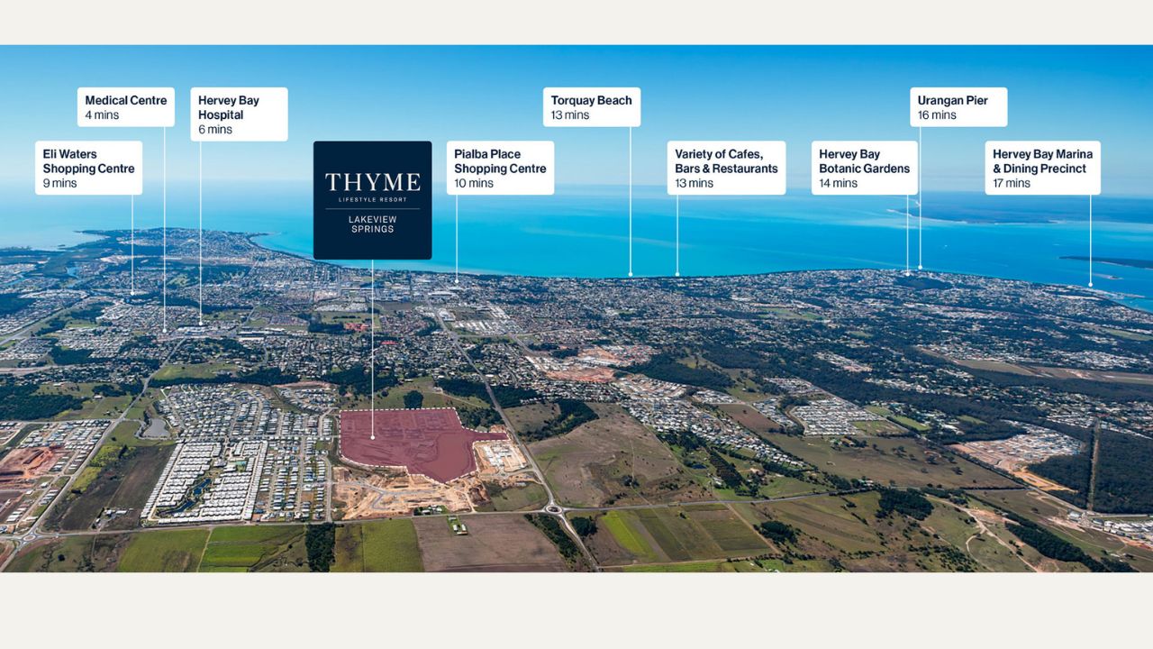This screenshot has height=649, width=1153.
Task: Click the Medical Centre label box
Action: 125,107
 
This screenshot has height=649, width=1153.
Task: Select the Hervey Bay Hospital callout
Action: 239,114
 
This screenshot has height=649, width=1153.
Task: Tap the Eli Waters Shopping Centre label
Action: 88,168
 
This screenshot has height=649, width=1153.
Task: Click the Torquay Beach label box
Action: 592,107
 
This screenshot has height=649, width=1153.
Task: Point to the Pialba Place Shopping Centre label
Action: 500,168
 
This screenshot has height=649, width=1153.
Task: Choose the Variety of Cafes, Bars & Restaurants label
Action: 726,168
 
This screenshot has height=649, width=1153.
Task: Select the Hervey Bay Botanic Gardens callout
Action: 864,168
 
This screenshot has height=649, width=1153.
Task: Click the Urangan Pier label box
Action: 958,107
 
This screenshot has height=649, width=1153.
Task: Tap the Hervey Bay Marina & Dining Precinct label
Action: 1043,168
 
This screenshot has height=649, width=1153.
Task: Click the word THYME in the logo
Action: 373,182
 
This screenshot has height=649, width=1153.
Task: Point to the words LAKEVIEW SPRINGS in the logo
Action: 373,224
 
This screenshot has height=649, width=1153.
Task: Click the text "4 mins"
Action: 102,114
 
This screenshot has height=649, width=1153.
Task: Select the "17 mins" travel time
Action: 1012,183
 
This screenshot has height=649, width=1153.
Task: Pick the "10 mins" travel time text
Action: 474,183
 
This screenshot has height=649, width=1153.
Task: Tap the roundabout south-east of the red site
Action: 554,509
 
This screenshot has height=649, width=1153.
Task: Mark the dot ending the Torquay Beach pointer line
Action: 630,275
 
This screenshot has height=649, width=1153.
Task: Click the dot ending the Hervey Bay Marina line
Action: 1090,285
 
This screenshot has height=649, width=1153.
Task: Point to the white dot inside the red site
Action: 373,438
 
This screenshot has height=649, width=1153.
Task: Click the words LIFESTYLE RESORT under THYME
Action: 373,200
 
